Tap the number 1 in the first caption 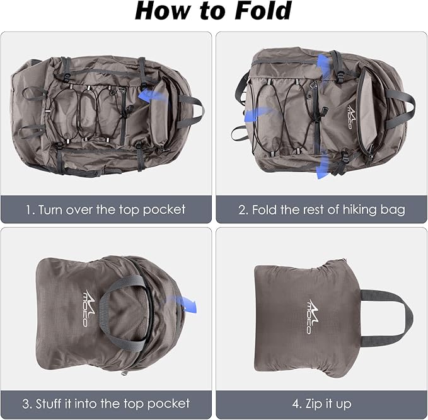pyautogui.click(x=28, y=209)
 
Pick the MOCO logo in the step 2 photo pyautogui.click(x=349, y=115)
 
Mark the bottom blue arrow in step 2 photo pyautogui.click(x=322, y=166)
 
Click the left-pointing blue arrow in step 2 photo pyautogui.click(x=258, y=114)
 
